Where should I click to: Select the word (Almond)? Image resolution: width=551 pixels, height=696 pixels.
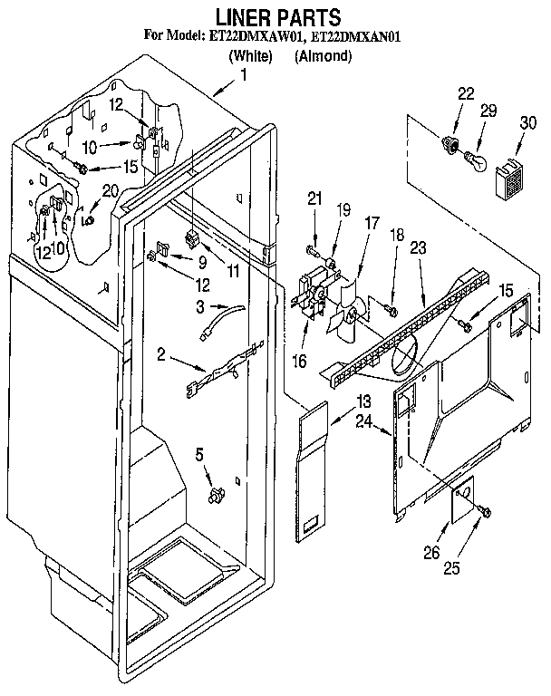point(323,56)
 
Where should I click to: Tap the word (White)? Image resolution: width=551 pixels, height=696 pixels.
point(250,56)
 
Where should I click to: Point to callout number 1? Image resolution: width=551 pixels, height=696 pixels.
point(243,76)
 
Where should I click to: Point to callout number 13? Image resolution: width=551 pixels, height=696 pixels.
point(363,401)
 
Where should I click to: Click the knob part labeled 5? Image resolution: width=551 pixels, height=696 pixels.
point(216,495)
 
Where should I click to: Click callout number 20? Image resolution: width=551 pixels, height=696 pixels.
point(111,190)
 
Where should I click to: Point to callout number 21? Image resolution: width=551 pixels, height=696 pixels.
point(314,198)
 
